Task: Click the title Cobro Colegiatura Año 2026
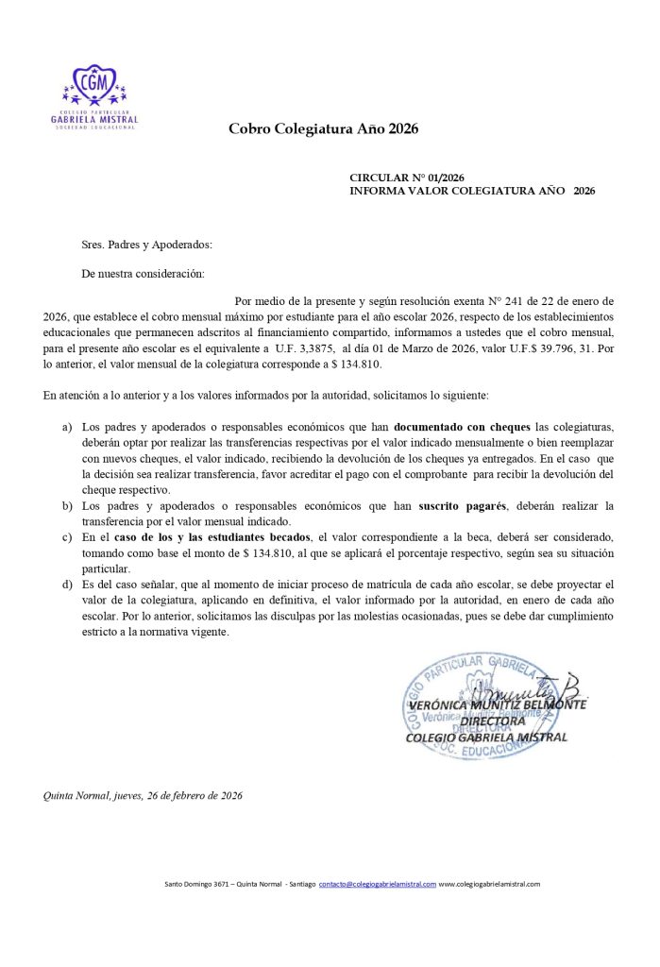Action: (x=323, y=128)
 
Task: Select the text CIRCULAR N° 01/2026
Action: (x=407, y=178)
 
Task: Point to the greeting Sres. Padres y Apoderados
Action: (x=147, y=245)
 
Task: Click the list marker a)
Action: (x=67, y=428)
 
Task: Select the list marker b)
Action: (x=67, y=506)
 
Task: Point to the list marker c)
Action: (x=67, y=536)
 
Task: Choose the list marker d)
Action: (x=67, y=585)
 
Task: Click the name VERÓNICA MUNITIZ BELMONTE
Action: (x=498, y=704)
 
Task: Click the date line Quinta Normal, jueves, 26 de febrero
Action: (x=143, y=795)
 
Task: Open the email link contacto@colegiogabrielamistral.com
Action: (x=378, y=884)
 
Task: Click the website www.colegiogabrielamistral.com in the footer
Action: (x=489, y=884)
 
